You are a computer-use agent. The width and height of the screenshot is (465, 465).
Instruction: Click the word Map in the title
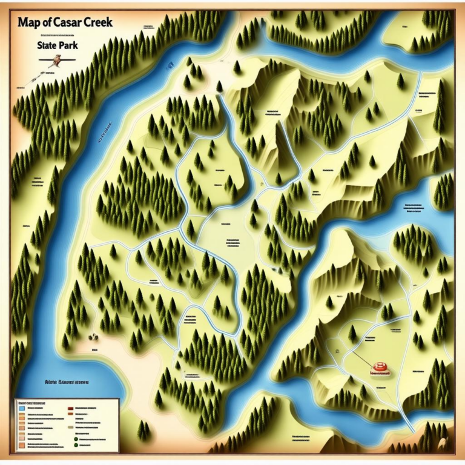coord(30,23)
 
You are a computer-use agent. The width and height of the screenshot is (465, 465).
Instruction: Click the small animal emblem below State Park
coord(56,61)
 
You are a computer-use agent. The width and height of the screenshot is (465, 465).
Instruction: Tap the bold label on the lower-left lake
coord(67,383)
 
